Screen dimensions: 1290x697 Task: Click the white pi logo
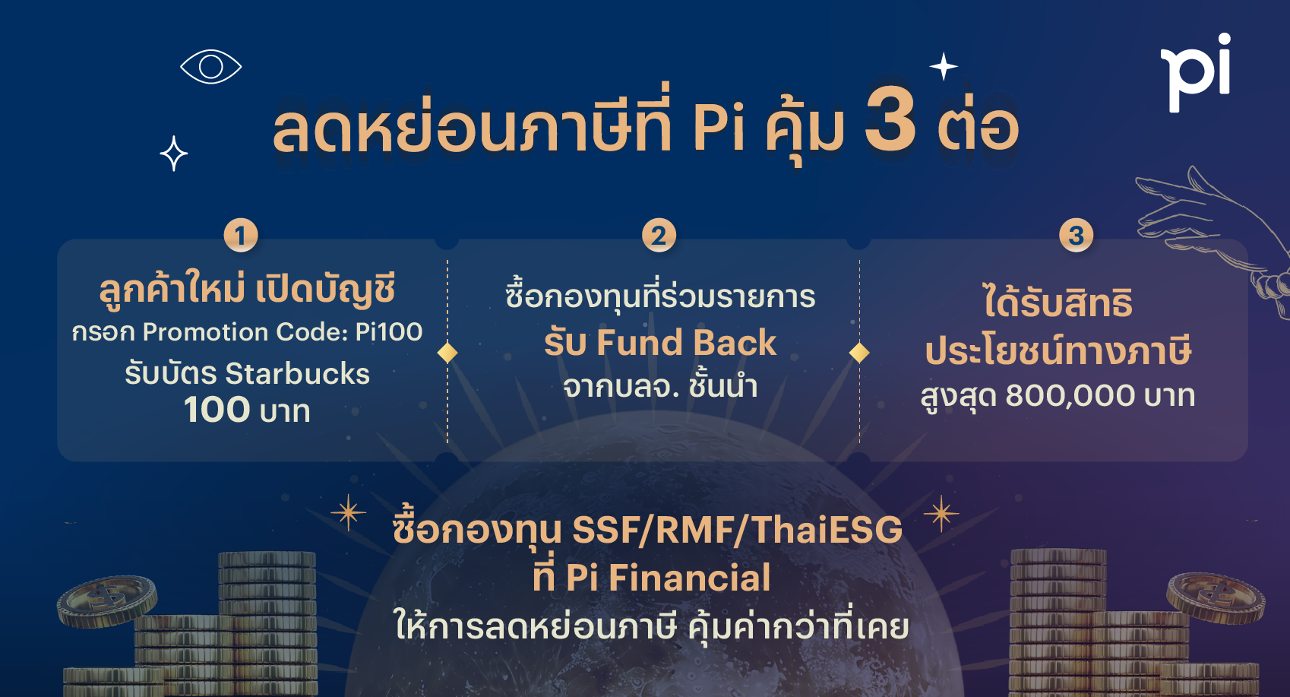1196,72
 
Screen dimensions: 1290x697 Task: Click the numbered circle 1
241,235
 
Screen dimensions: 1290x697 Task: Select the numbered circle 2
659,235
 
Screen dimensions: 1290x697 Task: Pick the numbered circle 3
1076,235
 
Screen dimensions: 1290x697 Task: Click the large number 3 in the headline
890,119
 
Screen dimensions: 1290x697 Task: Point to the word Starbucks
297,374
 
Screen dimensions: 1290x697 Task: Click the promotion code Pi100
389,332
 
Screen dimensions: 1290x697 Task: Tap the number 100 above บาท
217,410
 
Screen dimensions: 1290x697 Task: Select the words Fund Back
686,343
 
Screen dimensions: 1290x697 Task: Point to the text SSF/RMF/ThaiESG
737,530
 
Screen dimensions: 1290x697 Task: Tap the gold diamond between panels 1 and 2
447,353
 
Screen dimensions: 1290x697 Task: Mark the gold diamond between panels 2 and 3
859,353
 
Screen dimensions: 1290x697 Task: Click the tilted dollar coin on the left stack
107,600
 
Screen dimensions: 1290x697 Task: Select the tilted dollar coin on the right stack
1216,598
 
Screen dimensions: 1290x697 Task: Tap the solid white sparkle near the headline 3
944,67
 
